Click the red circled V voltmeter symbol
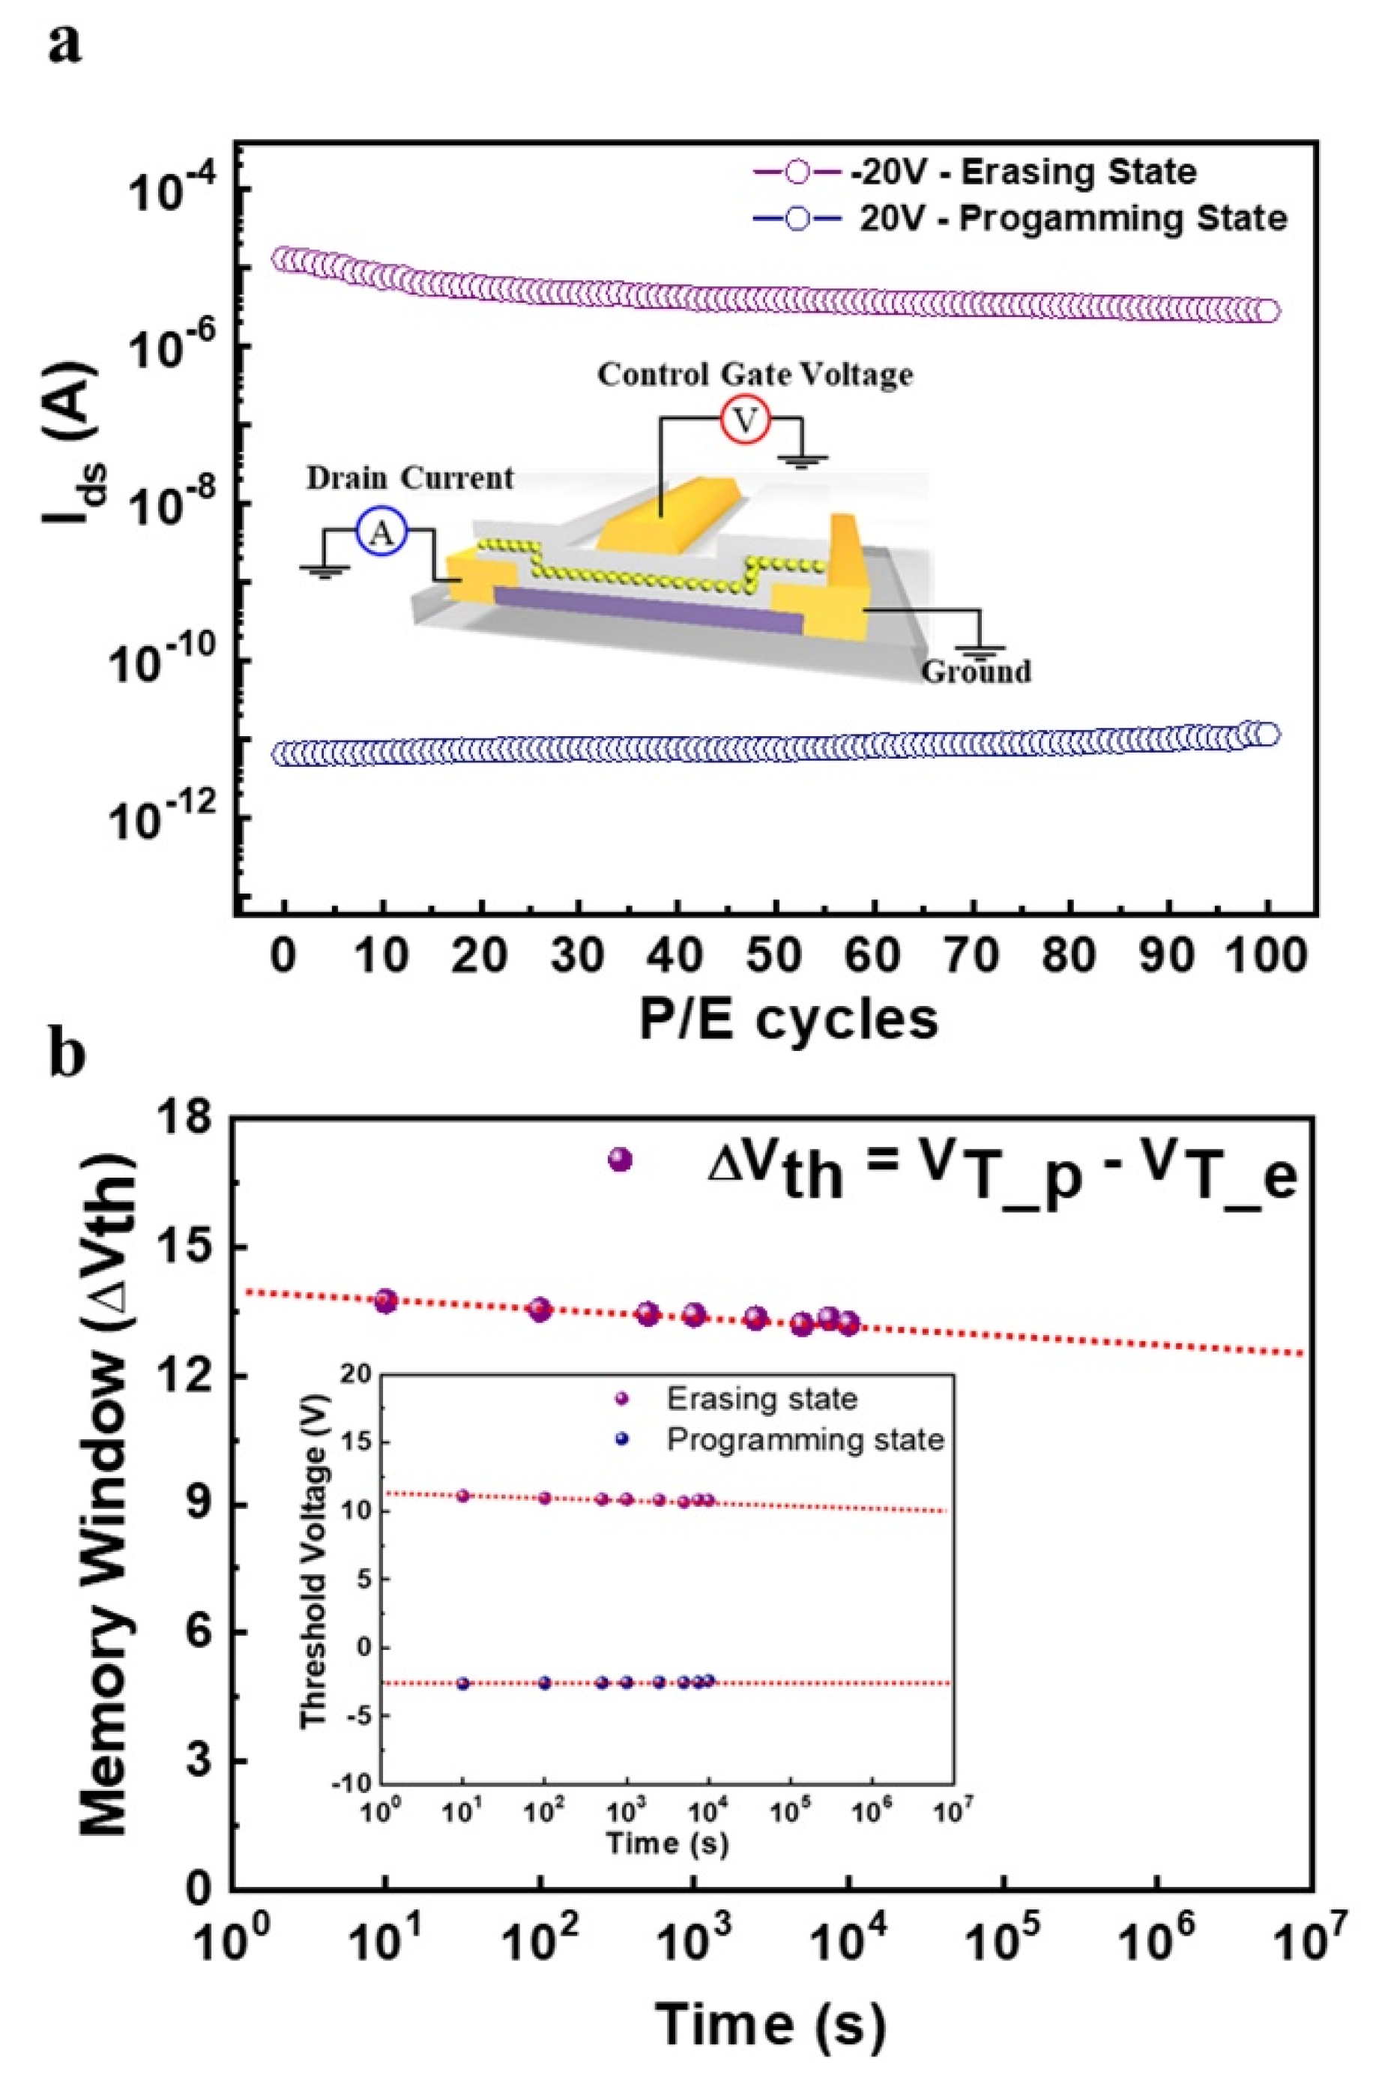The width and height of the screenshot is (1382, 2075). [746, 422]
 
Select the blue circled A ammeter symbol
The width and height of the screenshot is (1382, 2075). [381, 534]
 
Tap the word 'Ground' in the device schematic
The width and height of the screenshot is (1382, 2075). [976, 672]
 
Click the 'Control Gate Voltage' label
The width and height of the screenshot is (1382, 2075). [755, 375]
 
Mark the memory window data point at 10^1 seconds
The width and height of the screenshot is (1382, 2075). [386, 1301]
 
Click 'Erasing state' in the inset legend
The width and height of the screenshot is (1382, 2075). [761, 1399]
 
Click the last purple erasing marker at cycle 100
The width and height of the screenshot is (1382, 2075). [1267, 311]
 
